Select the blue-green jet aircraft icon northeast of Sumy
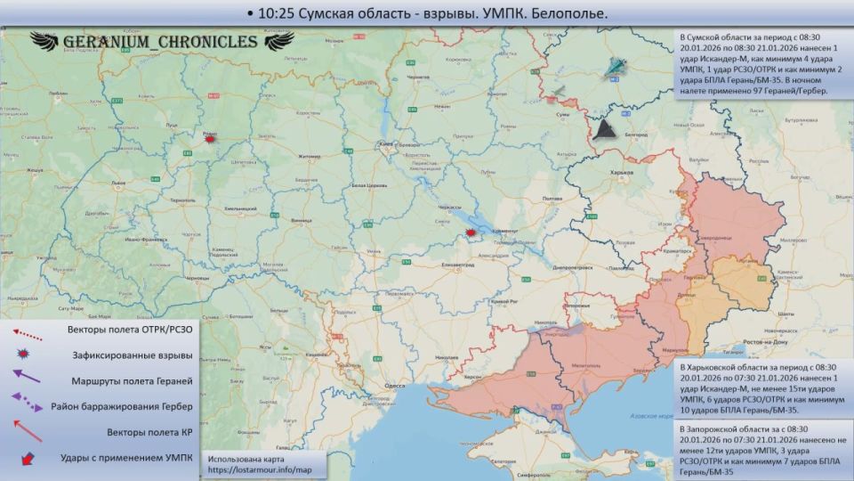pyautogui.click(x=615, y=69)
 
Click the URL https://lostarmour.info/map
pyautogui.click(x=260, y=469)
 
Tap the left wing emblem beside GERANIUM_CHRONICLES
pyautogui.click(x=49, y=41)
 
